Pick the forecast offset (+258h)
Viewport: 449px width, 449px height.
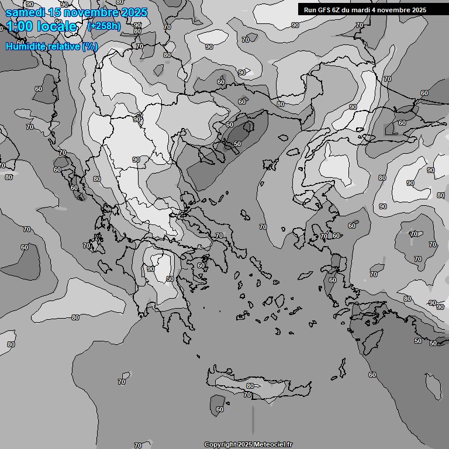pyautogui.click(x=103, y=26)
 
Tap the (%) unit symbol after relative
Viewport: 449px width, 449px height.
pyautogui.click(x=90, y=47)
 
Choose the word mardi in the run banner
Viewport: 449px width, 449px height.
pyautogui.click(x=367, y=10)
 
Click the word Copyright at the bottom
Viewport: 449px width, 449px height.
pyautogui.click(x=220, y=444)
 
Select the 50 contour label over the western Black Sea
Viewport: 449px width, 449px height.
pyautogui.click(x=237, y=144)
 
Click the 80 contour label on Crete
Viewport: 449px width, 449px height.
pyautogui.click(x=250, y=386)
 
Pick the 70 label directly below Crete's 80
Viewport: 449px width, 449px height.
pyautogui.click(x=247, y=395)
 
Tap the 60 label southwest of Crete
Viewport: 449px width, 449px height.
pyautogui.click(x=220, y=409)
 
